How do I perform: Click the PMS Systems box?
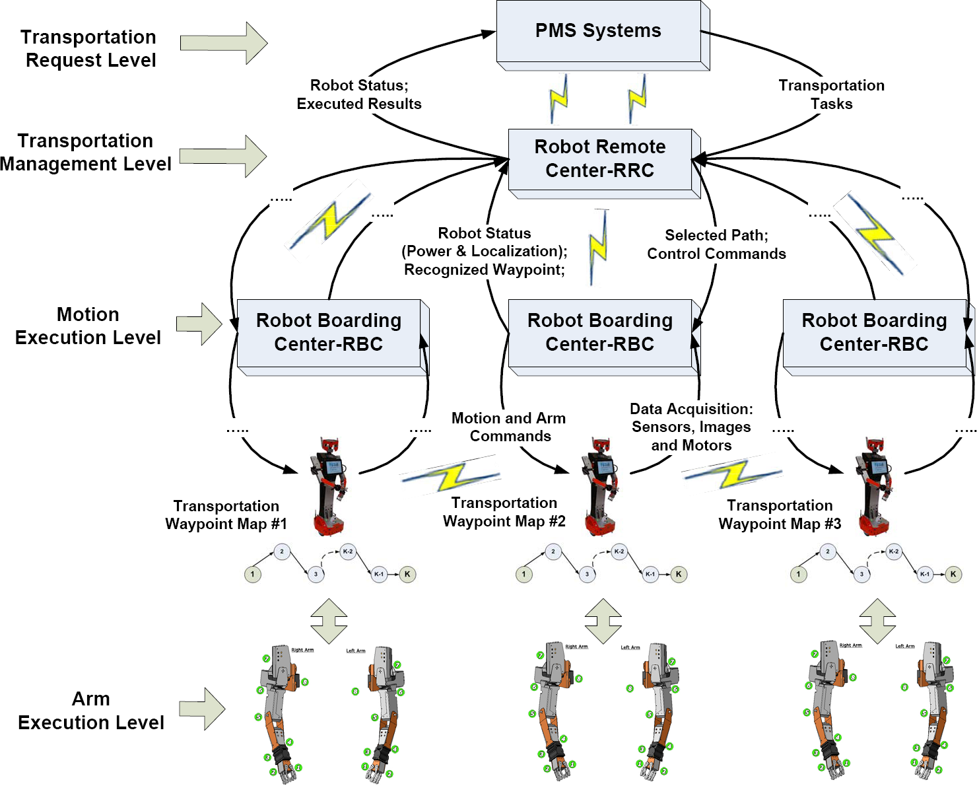tap(598, 31)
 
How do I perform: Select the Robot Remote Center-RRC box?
tap(600, 159)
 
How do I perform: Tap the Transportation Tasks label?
tap(831, 94)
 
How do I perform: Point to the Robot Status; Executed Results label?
tap(359, 94)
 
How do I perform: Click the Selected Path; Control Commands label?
tap(716, 244)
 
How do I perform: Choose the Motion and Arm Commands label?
tap(509, 427)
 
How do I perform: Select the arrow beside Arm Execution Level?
tap(203, 709)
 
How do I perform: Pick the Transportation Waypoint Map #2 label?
tap(504, 512)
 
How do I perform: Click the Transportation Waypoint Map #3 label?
tap(780, 515)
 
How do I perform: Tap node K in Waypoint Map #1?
tap(407, 574)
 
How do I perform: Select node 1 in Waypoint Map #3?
tap(798, 574)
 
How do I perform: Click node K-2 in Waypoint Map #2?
tap(619, 552)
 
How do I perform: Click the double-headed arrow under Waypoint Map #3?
tap(877, 621)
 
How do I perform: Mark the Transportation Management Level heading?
tap(85, 152)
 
